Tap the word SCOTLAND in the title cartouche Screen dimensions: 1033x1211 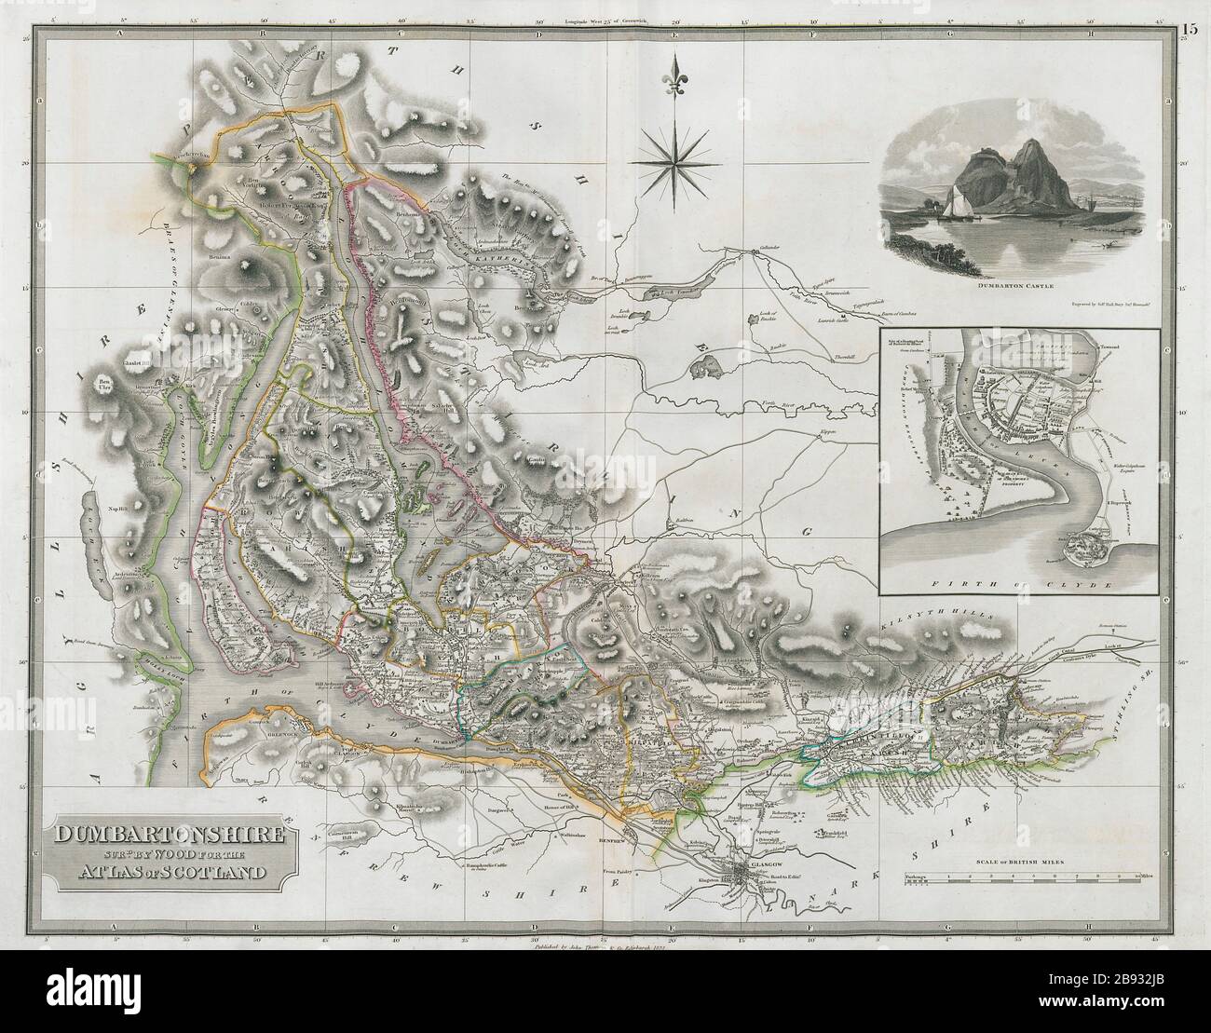[x=225, y=873]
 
